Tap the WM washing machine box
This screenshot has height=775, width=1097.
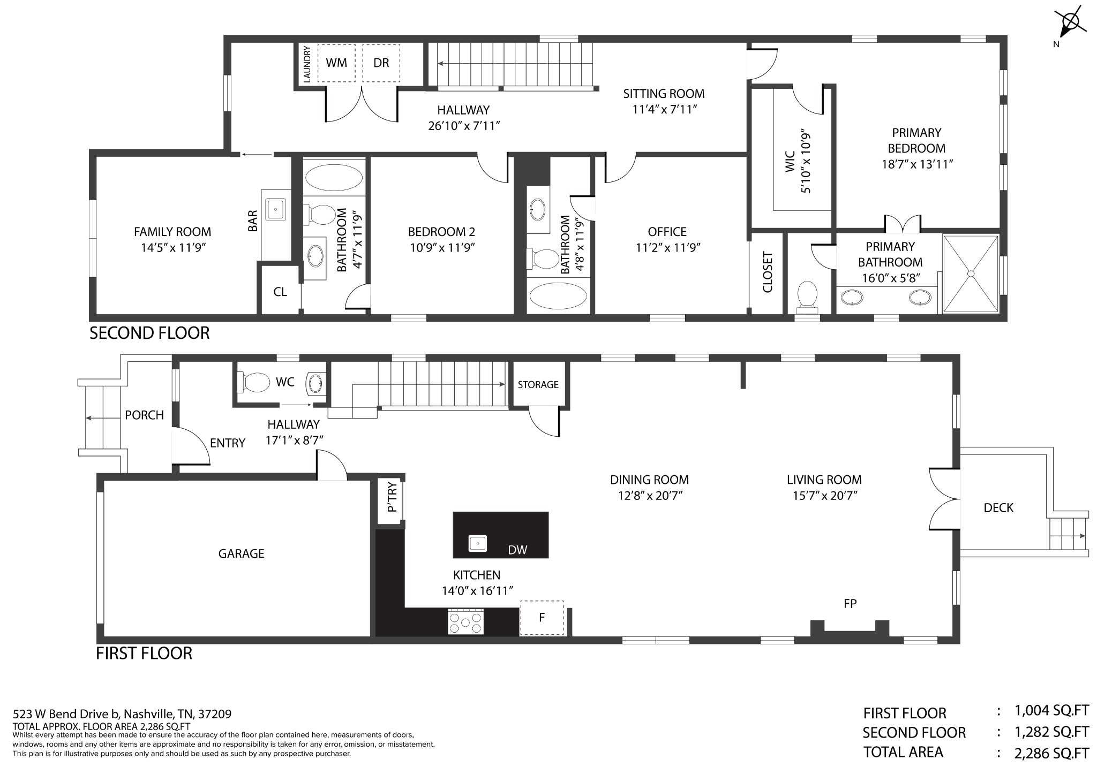click(x=336, y=63)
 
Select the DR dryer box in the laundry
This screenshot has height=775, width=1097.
click(x=381, y=63)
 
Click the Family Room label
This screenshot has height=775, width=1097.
click(x=172, y=232)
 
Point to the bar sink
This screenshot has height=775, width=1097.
click(x=275, y=209)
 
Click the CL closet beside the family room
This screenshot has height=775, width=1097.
click(x=280, y=292)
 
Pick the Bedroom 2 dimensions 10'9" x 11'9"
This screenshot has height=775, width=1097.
click(x=441, y=247)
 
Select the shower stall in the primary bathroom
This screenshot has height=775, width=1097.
click(x=971, y=273)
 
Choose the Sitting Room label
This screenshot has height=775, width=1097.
click(x=664, y=94)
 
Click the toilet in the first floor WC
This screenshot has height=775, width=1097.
click(x=256, y=382)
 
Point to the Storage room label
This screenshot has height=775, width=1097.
click(x=538, y=384)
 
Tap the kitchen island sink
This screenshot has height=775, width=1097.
click(x=478, y=543)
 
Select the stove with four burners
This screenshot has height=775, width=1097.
click(x=466, y=622)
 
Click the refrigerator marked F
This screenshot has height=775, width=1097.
click(x=542, y=618)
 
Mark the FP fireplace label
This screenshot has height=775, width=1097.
click(x=850, y=604)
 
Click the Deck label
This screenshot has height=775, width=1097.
click(x=998, y=507)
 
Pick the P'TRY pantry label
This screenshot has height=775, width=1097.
click(x=392, y=497)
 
